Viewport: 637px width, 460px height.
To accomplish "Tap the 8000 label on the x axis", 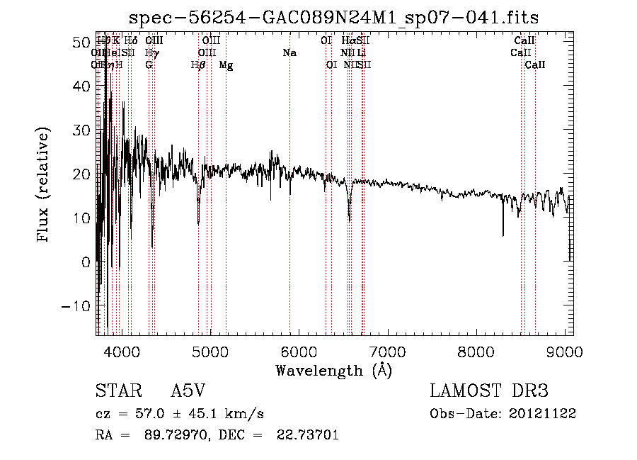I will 476,351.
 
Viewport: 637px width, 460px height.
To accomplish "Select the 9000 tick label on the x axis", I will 565,351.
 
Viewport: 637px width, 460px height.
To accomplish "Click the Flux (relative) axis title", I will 45,186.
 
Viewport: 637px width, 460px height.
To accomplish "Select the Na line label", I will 289,52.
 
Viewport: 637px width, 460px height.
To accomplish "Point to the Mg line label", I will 226,65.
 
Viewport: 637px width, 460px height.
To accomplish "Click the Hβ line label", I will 199,65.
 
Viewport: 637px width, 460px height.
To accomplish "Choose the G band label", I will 149,65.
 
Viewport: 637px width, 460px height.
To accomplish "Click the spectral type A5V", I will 189,392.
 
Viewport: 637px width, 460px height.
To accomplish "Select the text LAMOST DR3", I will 489,392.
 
